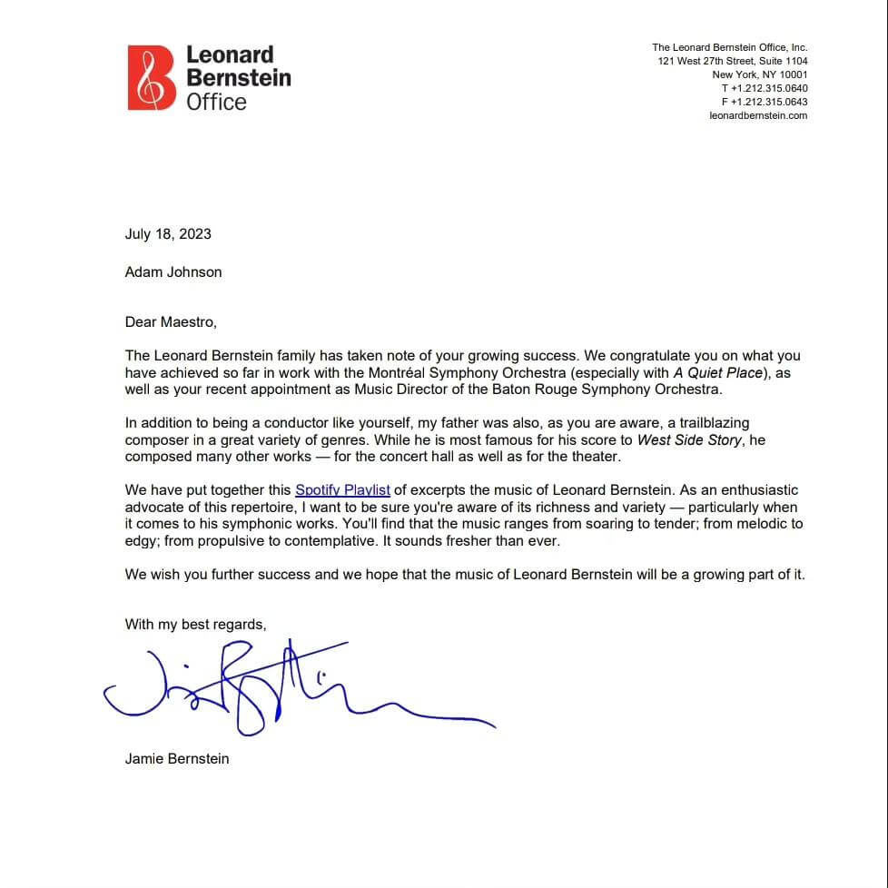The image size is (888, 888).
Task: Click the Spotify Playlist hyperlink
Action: tap(342, 490)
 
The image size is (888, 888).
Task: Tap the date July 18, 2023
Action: tap(168, 233)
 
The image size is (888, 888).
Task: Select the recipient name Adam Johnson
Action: tap(173, 271)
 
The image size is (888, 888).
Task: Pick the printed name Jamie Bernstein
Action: tap(177, 758)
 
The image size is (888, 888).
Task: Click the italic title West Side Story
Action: tap(689, 440)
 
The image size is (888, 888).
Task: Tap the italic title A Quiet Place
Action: tap(718, 373)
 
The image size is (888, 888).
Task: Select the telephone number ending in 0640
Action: tap(765, 88)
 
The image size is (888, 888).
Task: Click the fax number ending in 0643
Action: tap(765, 102)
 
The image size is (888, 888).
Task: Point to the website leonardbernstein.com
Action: tap(758, 115)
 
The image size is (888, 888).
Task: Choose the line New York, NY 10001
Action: tap(760, 74)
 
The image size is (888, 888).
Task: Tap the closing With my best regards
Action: tap(195, 624)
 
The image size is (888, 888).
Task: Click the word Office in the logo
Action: tap(216, 102)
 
